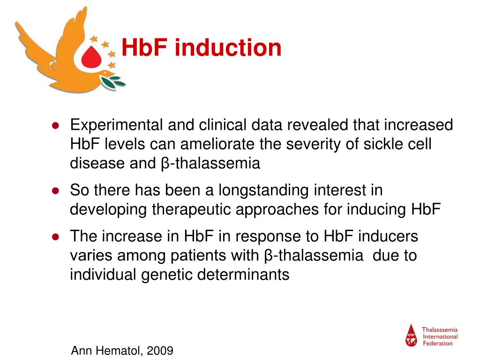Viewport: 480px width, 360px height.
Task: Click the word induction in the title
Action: [228, 48]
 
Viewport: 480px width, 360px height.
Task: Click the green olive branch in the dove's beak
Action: [114, 82]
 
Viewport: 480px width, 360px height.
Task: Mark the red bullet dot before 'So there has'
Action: [55, 191]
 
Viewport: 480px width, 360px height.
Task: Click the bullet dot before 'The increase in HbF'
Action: [55, 237]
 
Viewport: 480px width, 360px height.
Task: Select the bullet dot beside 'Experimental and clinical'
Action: [55, 126]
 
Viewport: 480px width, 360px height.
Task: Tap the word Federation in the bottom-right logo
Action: [438, 343]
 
